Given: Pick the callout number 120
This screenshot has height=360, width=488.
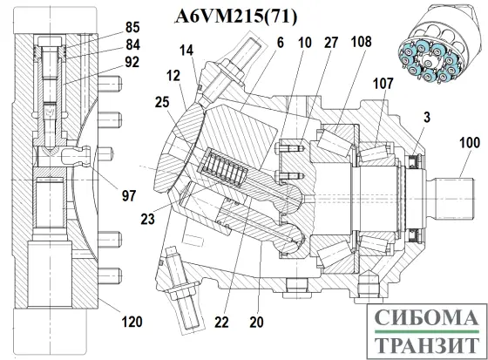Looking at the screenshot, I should point(132,323).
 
